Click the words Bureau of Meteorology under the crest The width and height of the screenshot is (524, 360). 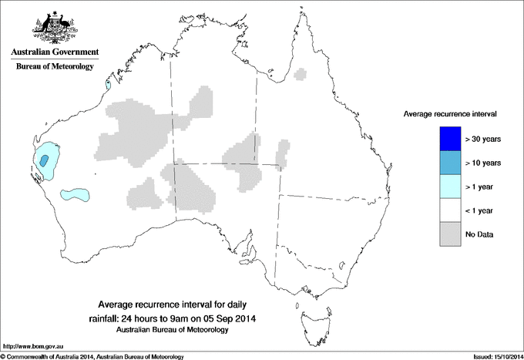(55, 67)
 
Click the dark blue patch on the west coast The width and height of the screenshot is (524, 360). (45, 160)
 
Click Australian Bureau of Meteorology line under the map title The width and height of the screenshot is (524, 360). (183, 330)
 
